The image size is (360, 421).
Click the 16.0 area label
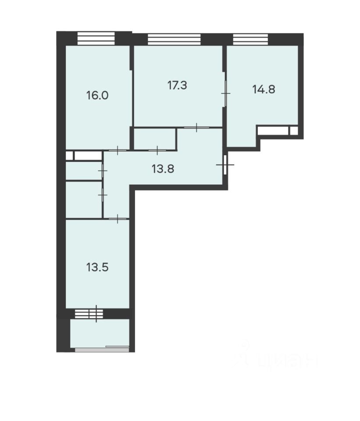point(97,96)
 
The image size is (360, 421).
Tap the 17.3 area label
point(177,85)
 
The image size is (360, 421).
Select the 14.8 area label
point(264,89)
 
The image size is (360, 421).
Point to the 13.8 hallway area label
point(163,168)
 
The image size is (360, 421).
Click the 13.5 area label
point(97,267)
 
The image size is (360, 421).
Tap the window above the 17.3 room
point(174,39)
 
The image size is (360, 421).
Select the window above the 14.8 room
point(250,39)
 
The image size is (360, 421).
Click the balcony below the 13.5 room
point(100,333)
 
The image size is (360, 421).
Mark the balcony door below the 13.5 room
point(97,313)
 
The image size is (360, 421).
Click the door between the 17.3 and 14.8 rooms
point(225,93)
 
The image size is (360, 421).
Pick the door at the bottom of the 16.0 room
point(117,150)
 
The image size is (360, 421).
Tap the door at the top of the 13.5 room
point(117,218)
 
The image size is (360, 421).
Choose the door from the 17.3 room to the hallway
point(196,128)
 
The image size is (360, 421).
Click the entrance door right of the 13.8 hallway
point(225,164)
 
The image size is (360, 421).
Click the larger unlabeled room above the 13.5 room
point(84,200)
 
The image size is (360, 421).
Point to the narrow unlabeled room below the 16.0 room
point(84,171)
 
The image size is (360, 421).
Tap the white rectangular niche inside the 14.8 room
point(273,130)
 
